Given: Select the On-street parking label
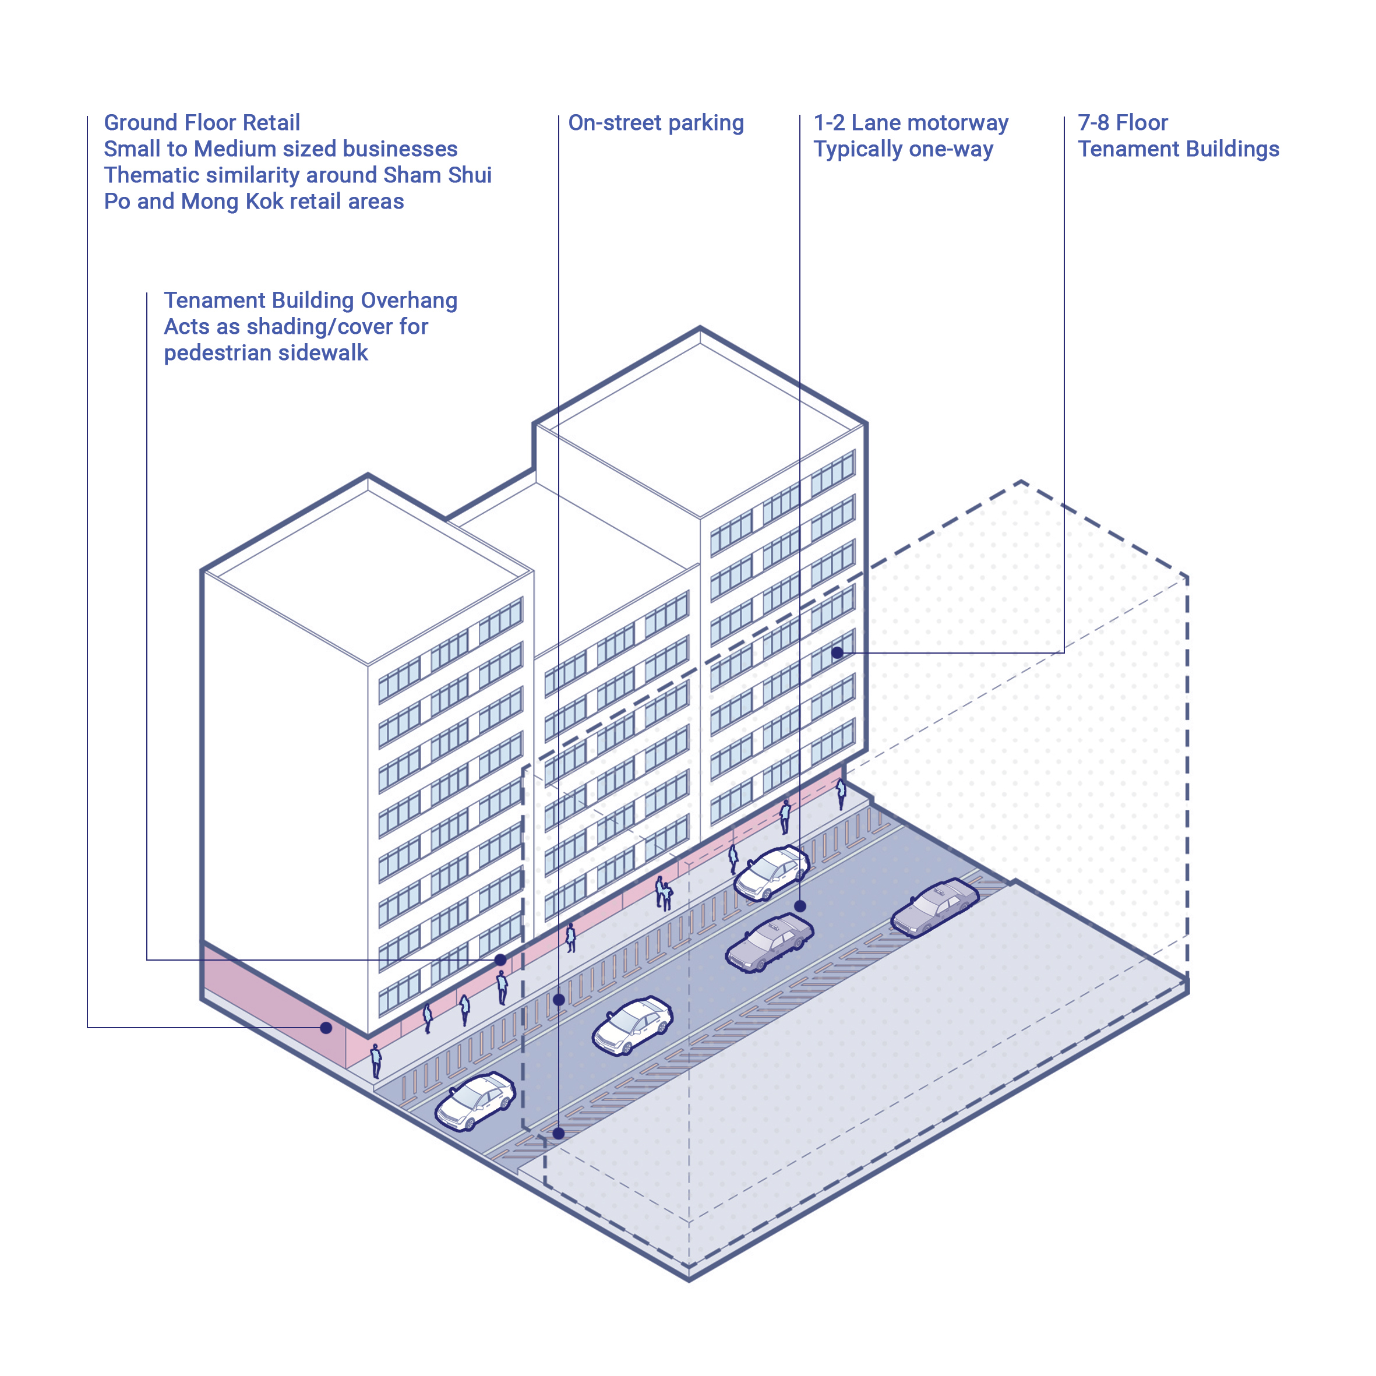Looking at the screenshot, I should click(655, 122).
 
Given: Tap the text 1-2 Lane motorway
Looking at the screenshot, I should click(910, 122).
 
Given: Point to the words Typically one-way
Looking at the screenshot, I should click(902, 149).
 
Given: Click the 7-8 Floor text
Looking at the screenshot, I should click(1122, 122).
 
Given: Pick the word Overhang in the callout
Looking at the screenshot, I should click(409, 301).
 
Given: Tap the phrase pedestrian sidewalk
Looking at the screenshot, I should click(266, 352).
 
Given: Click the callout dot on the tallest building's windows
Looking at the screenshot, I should click(837, 652).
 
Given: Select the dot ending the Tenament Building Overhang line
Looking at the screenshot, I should click(500, 960).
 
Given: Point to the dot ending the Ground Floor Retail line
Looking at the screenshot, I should click(326, 1028).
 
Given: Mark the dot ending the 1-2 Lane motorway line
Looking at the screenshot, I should click(800, 906).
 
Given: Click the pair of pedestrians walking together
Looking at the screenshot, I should click(664, 893).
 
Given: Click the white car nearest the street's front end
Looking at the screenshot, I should click(475, 1100).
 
